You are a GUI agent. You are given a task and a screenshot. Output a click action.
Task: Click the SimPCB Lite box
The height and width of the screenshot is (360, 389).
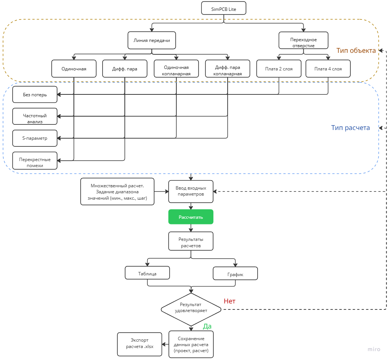point(224,8)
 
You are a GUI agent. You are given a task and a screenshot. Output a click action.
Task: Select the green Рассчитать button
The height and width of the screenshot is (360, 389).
point(191,217)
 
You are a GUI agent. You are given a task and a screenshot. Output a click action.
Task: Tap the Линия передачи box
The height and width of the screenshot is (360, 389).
point(152,40)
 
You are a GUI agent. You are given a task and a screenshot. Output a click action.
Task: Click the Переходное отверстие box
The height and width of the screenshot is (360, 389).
point(303,40)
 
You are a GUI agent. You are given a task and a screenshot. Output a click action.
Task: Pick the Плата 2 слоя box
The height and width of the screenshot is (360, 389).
point(279,69)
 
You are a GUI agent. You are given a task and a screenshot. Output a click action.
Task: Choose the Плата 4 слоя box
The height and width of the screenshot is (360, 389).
point(328,69)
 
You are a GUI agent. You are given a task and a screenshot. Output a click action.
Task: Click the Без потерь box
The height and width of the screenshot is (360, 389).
point(35,95)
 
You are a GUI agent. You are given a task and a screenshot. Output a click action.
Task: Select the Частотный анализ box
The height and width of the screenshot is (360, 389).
point(35,116)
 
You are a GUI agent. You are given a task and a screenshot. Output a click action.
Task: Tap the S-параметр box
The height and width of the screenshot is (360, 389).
point(35,138)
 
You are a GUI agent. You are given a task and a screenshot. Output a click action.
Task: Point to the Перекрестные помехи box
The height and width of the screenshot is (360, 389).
point(35,161)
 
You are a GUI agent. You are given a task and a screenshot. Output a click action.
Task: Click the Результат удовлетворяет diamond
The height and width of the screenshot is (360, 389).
point(191,309)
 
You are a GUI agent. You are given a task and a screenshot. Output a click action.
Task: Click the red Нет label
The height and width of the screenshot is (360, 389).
point(230,301)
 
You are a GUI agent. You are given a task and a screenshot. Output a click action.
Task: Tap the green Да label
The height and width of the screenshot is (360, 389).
point(207,326)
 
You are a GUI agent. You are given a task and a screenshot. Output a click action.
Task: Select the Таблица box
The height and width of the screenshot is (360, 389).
point(148,273)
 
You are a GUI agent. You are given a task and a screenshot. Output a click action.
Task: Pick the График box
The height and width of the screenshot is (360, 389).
point(235,273)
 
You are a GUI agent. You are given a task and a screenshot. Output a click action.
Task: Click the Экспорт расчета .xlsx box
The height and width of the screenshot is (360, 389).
point(140,344)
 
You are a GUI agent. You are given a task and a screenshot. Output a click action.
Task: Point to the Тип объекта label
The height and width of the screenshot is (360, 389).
point(356,51)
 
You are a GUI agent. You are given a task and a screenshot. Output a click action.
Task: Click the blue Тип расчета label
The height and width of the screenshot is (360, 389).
point(350,128)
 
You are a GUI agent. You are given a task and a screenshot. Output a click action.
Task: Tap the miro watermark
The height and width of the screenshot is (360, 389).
point(374,350)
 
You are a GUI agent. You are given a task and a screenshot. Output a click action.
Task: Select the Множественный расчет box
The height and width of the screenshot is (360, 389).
point(117,192)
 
